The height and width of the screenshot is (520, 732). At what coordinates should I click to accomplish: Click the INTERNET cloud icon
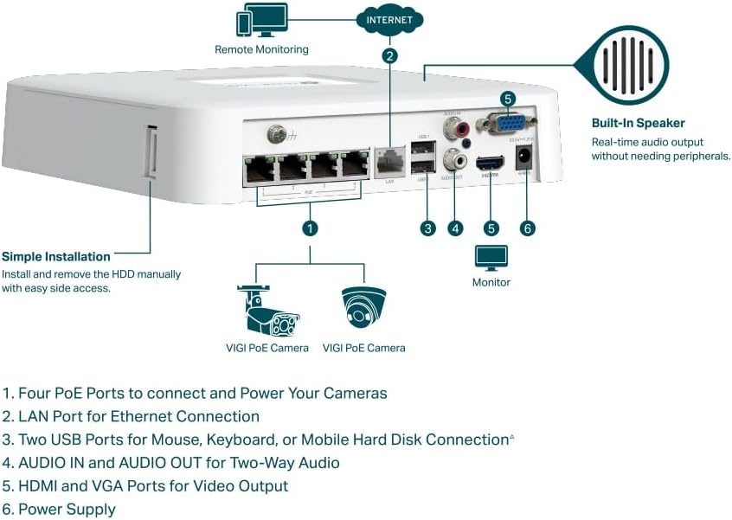389,19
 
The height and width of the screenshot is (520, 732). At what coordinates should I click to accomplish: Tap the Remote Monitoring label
261,50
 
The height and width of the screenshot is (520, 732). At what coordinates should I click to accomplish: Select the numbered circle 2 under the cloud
390,56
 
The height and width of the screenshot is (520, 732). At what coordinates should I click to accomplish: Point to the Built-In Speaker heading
638,123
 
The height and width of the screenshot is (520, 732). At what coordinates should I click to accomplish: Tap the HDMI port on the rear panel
491,163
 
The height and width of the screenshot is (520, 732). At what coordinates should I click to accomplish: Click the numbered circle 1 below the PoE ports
310,228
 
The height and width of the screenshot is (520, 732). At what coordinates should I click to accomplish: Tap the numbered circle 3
427,228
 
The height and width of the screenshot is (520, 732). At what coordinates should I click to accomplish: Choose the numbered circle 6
528,228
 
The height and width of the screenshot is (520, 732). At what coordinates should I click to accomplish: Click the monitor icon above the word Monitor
491,257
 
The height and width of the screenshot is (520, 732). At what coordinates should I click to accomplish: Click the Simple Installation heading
56,257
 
